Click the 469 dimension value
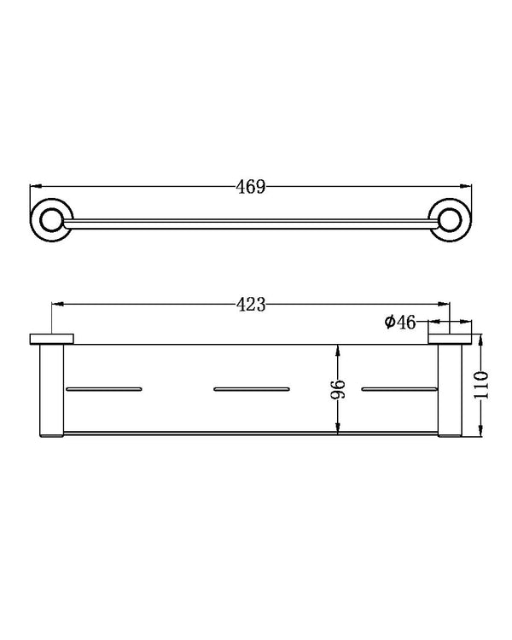[x=251, y=187]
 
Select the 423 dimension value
[x=252, y=303]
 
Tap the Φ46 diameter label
[x=399, y=323]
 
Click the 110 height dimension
[x=482, y=386]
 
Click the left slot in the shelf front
[x=102, y=389]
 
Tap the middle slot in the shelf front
[x=252, y=389]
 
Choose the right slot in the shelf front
[x=399, y=389]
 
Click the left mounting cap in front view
[x=53, y=340]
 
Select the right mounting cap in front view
[x=451, y=340]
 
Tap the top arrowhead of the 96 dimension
[x=340, y=350]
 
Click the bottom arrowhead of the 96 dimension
[x=340, y=429]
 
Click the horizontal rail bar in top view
[x=252, y=223]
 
